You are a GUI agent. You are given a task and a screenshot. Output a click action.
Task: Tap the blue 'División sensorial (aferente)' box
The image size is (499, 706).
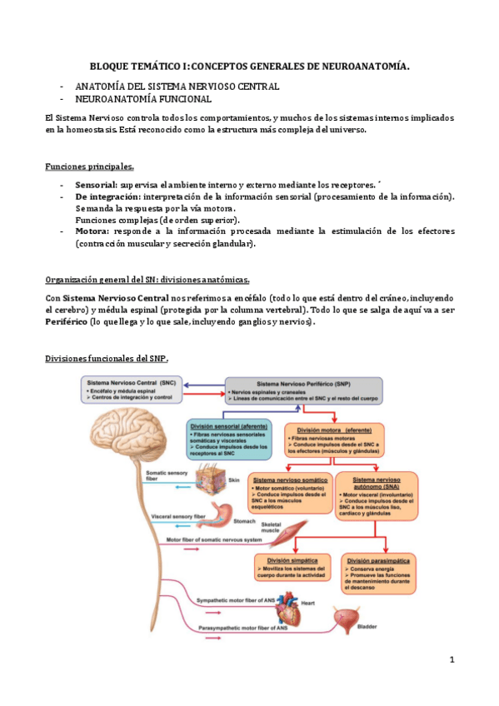pyautogui.click(x=230, y=438)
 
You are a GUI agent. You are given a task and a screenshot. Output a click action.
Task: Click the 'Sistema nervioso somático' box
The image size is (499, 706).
pyautogui.click(x=288, y=495)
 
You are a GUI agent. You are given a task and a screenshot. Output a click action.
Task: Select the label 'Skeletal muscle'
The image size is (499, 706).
pyautogui.click(x=271, y=527)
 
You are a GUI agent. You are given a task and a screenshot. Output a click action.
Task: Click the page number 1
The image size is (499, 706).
pyautogui.click(x=451, y=660)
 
